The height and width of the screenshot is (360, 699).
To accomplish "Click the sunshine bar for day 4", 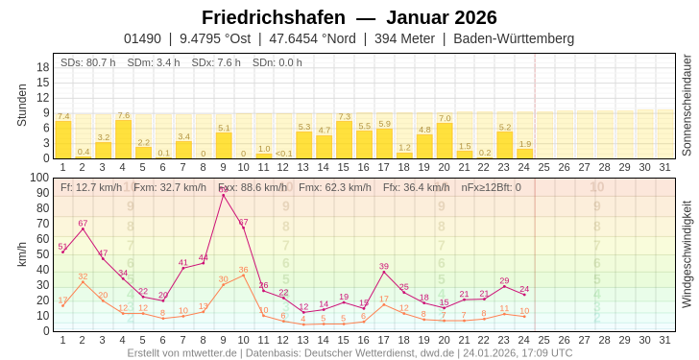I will point(123,139).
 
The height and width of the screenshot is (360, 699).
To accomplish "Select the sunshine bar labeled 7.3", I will point(344,140).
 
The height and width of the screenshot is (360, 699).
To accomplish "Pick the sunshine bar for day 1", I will point(63,139).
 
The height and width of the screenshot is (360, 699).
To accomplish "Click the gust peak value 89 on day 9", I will point(224,189).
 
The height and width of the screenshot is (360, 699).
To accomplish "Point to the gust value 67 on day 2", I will point(83,223).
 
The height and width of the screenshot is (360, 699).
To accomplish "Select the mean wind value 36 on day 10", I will point(244,270).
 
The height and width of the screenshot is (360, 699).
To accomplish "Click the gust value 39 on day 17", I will point(384,266).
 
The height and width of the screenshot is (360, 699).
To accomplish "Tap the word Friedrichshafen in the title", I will point(274,17).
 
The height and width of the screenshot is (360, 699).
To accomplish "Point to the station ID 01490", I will point(142,38).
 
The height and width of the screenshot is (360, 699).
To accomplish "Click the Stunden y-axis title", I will point(22,105).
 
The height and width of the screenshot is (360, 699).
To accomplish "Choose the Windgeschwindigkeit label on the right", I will point(686,254).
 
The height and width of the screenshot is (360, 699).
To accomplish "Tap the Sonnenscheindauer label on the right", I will point(686,106).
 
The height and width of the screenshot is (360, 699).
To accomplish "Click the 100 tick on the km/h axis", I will point(38,178).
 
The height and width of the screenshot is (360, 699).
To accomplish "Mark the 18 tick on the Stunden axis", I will point(43,66).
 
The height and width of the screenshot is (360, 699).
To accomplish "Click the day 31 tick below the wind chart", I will point(664,340).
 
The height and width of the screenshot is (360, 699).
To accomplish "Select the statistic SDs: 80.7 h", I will point(88,62).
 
